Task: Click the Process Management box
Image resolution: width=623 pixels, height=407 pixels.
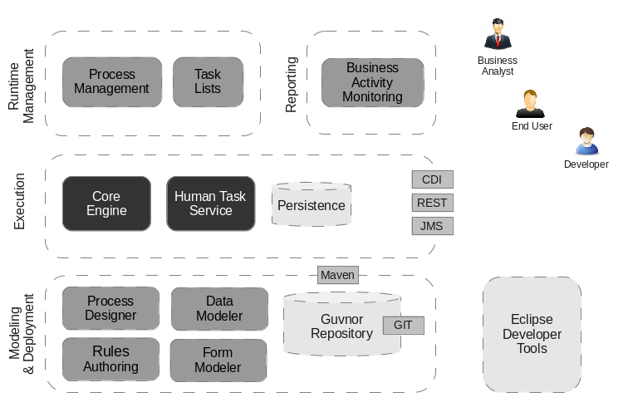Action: (112, 81)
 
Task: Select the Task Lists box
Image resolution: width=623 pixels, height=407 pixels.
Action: (208, 81)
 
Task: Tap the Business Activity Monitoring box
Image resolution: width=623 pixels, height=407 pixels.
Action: (373, 82)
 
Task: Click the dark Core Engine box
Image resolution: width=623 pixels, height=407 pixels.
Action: (106, 203)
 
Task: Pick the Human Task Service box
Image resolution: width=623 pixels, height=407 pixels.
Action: (211, 203)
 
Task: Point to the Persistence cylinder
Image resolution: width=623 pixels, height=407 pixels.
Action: (311, 205)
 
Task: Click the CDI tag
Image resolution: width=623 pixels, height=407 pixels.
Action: (432, 179)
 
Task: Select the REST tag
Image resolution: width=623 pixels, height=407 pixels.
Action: (432, 203)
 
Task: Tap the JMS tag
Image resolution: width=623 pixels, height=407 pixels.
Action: (432, 225)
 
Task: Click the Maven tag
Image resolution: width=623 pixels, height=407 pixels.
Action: (337, 275)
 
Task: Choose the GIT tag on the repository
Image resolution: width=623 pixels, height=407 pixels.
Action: (403, 326)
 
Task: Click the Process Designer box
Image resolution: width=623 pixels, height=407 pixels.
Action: (110, 308)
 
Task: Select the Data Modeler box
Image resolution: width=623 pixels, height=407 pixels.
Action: (219, 308)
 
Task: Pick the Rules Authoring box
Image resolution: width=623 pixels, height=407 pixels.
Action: (110, 359)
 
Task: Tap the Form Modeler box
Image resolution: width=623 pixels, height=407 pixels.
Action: (218, 360)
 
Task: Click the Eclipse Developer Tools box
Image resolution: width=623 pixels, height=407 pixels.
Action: (532, 334)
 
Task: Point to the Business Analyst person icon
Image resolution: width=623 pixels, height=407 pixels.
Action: (497, 35)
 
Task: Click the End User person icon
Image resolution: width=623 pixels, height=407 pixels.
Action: (530, 103)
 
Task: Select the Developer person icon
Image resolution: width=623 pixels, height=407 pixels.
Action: (586, 141)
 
